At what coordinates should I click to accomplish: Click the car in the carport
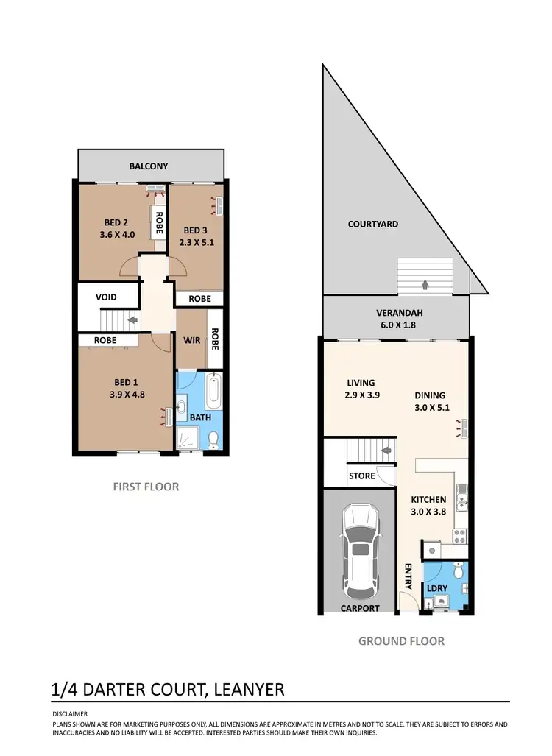[360, 551]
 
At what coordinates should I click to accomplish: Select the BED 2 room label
[116, 222]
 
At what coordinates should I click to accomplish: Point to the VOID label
[107, 297]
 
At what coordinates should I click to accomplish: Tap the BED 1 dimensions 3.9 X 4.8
[125, 393]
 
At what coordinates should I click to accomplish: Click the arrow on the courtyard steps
[425, 284]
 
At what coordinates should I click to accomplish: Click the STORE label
[361, 476]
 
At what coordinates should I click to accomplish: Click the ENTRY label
[408, 576]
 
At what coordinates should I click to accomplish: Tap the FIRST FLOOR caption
[146, 487]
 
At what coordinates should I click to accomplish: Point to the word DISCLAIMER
[70, 713]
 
